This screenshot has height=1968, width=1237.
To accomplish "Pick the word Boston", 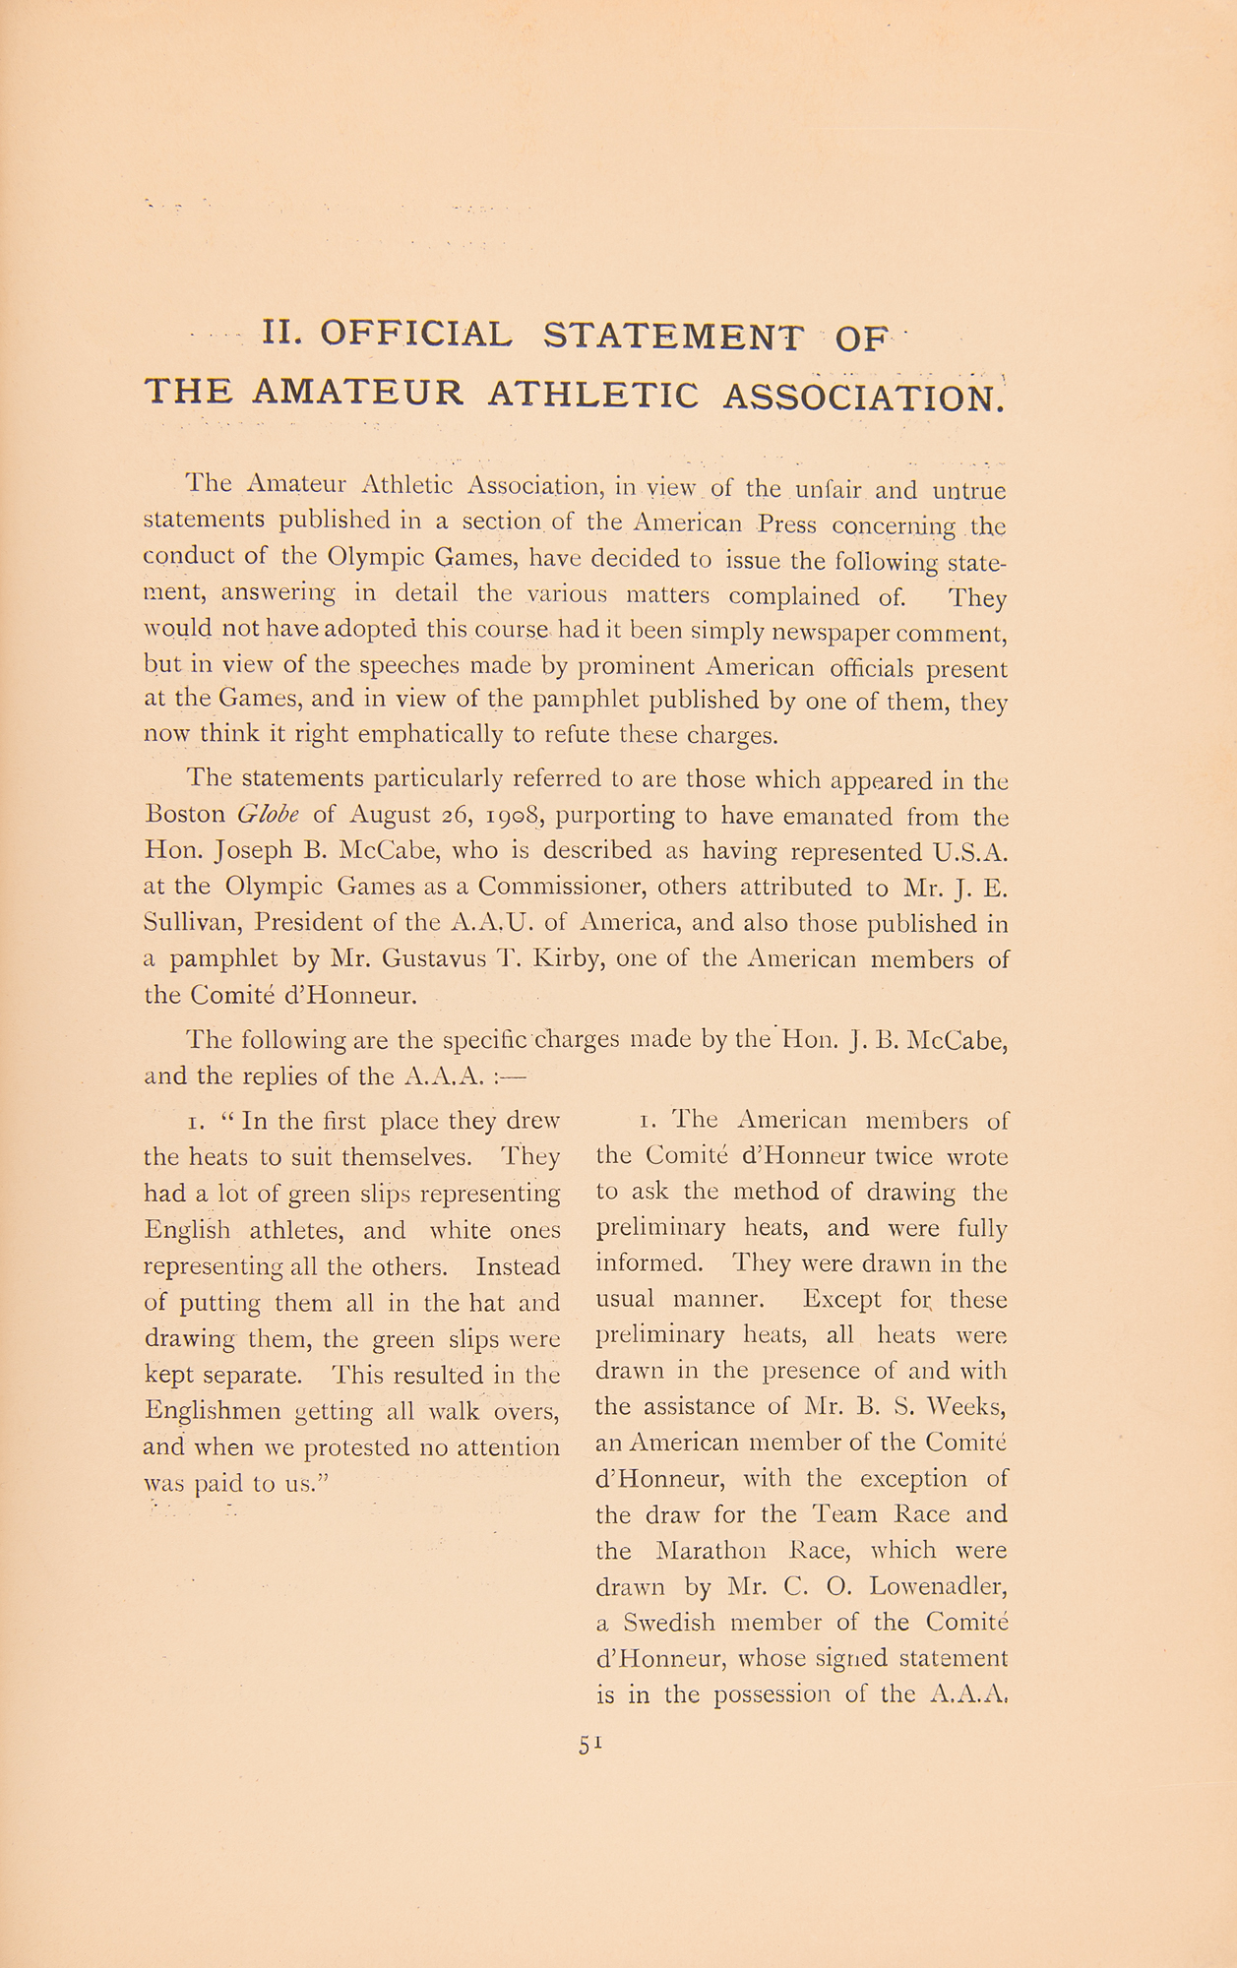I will point(185,816).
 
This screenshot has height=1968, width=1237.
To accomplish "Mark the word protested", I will point(357,1447).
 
